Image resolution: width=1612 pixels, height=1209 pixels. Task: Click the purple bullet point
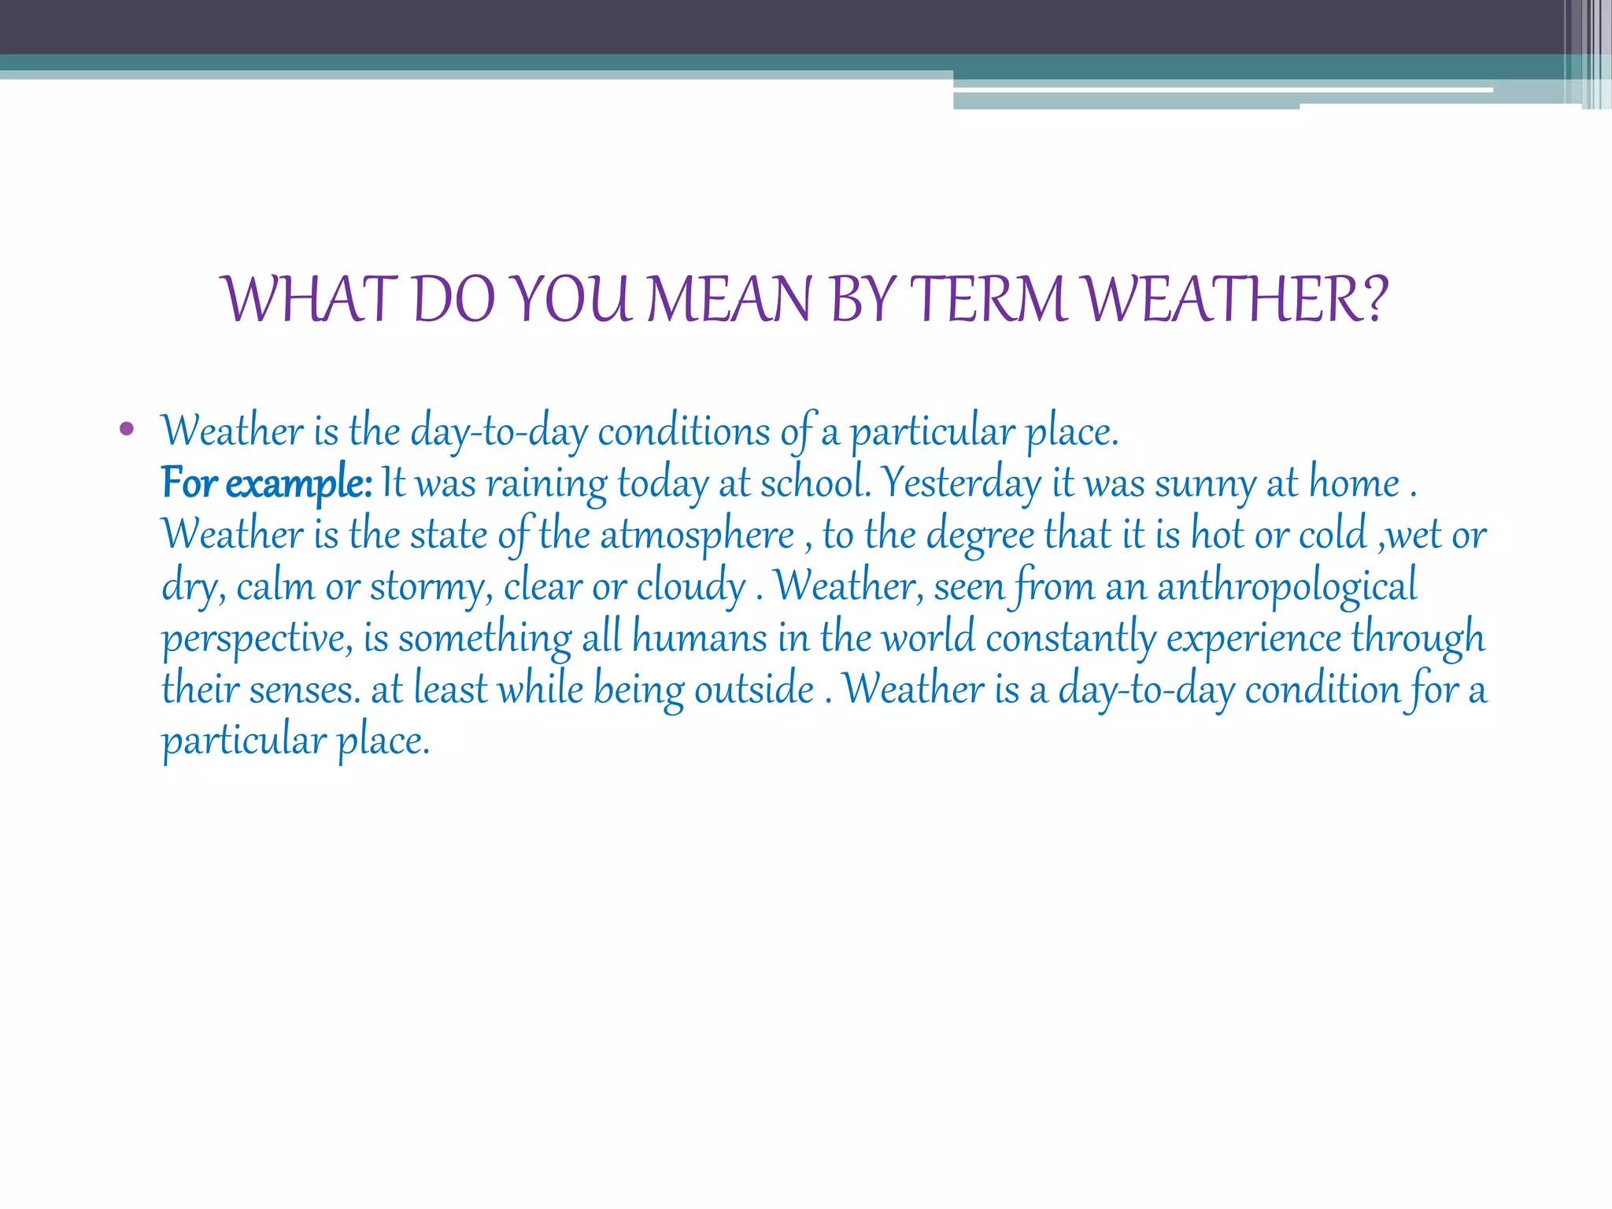point(126,430)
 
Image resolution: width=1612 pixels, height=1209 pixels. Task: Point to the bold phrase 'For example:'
point(267,482)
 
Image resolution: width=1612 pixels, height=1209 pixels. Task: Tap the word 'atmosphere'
point(697,535)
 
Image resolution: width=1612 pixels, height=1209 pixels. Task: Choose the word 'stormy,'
point(431,586)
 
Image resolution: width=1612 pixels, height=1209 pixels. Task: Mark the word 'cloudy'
point(690,586)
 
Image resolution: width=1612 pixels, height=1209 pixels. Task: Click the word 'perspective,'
point(257,638)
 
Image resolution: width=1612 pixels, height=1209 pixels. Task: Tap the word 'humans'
point(699,638)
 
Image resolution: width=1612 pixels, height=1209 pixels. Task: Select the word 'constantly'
point(1070,638)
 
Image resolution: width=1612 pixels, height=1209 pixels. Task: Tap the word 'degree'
point(980,535)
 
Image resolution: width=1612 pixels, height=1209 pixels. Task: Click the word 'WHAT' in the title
point(307,300)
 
